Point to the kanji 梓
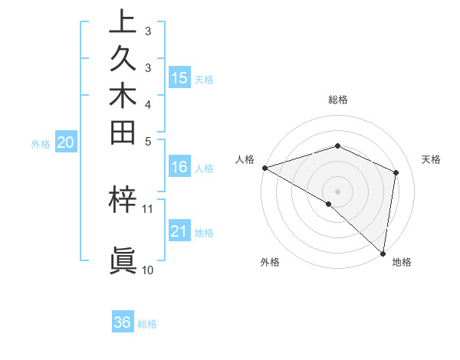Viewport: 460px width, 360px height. click(x=123, y=200)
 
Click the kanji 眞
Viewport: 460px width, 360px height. click(x=123, y=261)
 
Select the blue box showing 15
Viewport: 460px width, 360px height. click(x=179, y=77)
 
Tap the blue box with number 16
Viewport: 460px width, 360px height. click(x=179, y=168)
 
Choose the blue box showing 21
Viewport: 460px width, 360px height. click(x=179, y=232)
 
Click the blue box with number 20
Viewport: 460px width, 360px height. click(x=66, y=142)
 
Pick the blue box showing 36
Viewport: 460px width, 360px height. click(x=123, y=322)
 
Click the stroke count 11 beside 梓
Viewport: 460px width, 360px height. click(x=148, y=208)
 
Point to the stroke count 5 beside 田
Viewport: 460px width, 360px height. click(x=148, y=141)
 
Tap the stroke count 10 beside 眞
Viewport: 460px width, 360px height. click(x=148, y=270)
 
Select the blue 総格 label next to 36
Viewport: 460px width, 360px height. click(x=147, y=324)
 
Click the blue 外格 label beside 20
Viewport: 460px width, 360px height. click(x=41, y=143)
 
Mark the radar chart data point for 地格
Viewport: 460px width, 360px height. click(x=383, y=253)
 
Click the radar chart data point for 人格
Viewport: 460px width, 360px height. click(x=264, y=168)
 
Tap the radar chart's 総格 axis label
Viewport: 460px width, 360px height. click(x=337, y=100)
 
